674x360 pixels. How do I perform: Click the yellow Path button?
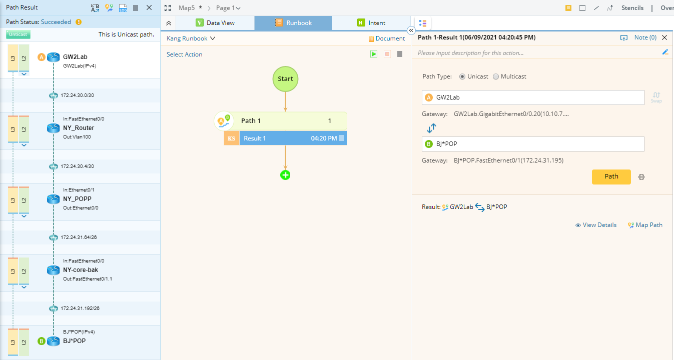coord(611,177)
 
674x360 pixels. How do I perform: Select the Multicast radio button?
coord(496,76)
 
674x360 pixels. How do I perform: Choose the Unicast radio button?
coord(462,76)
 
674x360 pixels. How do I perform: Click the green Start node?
coord(285,79)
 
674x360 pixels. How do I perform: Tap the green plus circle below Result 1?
coord(285,175)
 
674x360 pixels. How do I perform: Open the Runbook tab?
coord(293,23)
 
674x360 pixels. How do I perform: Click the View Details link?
coord(596,225)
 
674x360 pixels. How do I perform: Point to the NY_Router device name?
coord(79,128)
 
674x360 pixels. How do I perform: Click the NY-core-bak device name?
coord(81,270)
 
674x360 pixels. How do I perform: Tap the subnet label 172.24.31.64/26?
coord(79,237)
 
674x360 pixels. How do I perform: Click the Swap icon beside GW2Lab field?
coord(656,97)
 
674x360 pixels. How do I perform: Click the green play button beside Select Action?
coord(374,54)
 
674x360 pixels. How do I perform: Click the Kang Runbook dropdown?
coord(191,38)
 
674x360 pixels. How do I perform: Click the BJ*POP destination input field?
coord(533,144)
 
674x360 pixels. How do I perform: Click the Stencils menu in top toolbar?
coord(632,8)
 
